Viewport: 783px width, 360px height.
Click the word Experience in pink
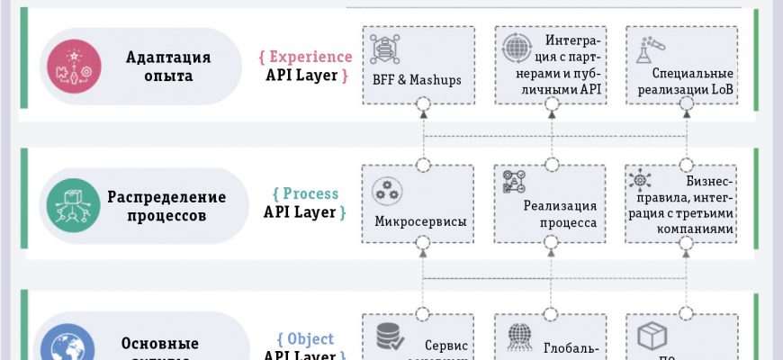[305, 56]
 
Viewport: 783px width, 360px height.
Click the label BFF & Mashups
[417, 80]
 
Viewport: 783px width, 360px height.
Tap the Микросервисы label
[419, 220]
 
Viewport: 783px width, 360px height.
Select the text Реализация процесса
[560, 212]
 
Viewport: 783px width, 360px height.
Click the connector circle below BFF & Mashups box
[420, 106]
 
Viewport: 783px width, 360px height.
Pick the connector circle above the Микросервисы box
[420, 165]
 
